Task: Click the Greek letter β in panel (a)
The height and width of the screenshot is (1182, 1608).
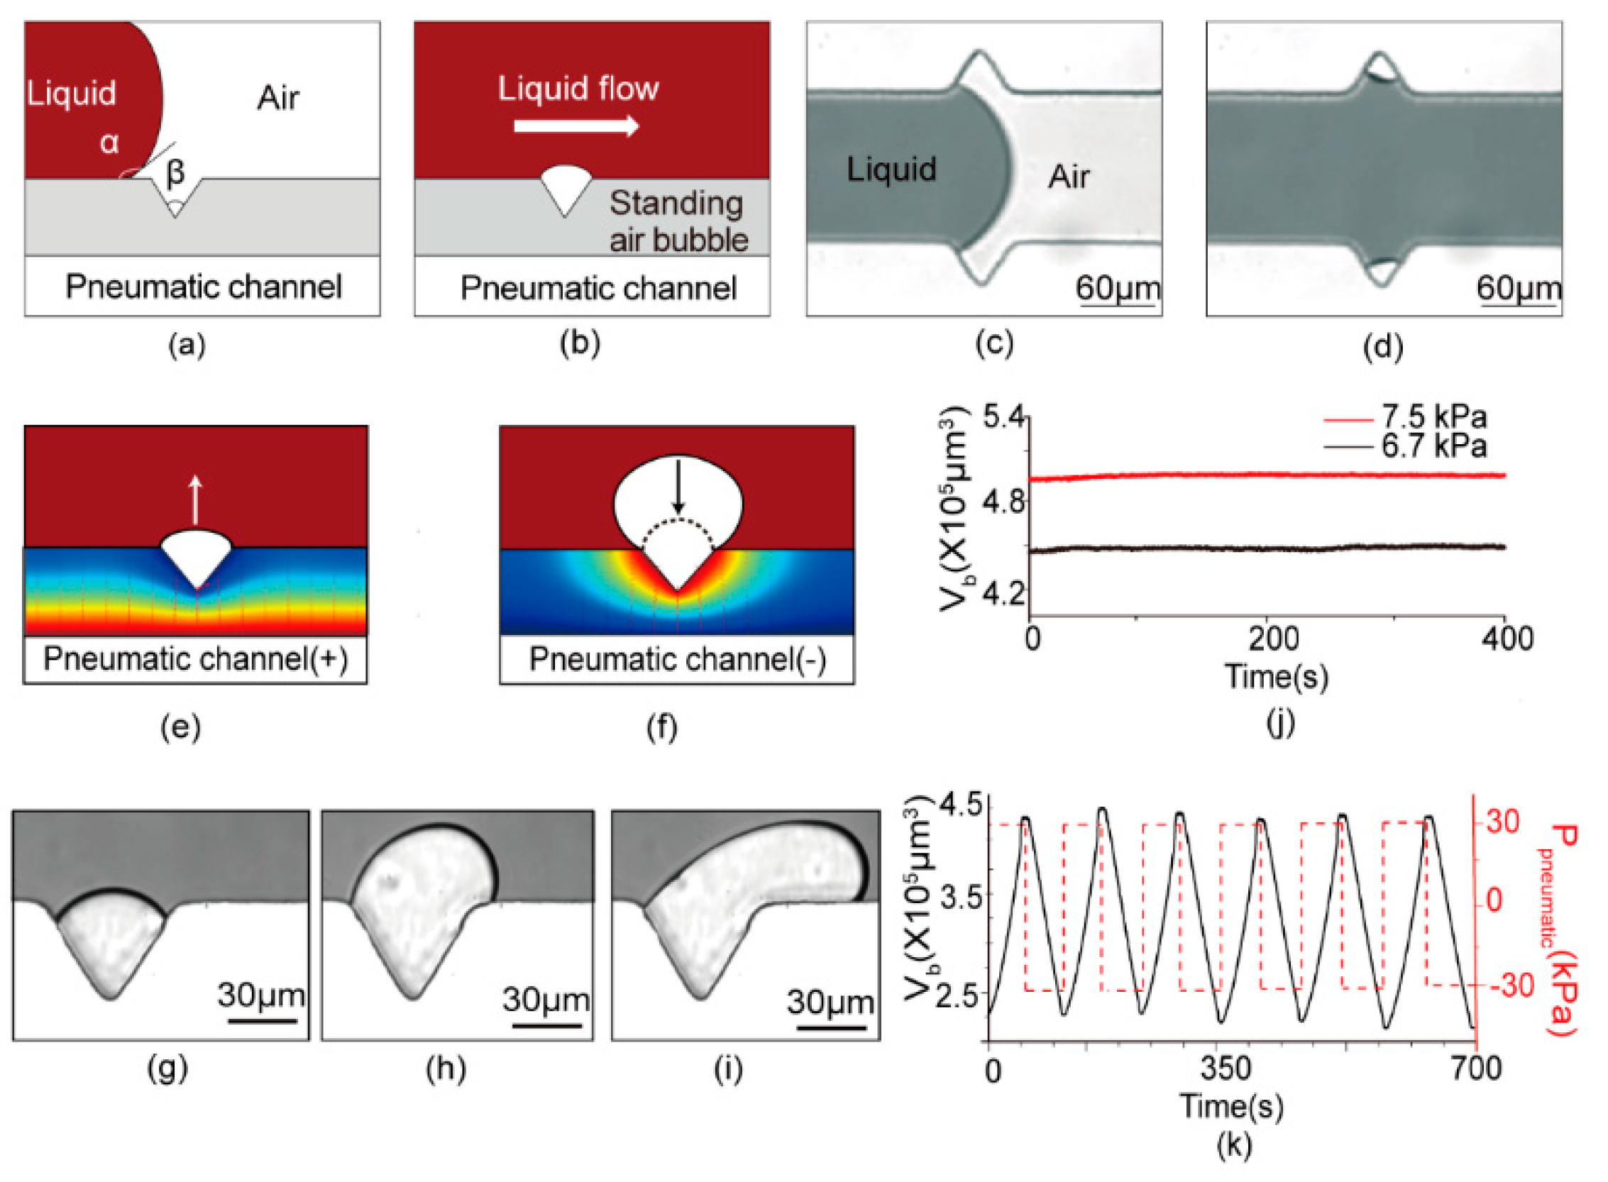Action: coord(175,172)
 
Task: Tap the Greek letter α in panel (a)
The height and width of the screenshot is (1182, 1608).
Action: coord(109,143)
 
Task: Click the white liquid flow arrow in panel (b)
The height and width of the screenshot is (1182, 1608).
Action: coord(576,126)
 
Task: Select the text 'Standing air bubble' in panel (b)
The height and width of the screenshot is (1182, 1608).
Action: coord(677,221)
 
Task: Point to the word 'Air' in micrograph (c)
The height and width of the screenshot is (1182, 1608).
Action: coord(1069,176)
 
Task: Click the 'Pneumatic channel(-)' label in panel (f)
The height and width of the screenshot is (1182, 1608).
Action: coord(677,659)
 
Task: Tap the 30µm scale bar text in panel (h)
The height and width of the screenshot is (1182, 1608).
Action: coord(545,1000)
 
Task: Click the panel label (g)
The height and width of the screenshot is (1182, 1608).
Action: coord(167,1069)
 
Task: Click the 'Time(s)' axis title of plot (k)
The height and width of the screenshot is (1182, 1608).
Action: coord(1231,1106)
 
